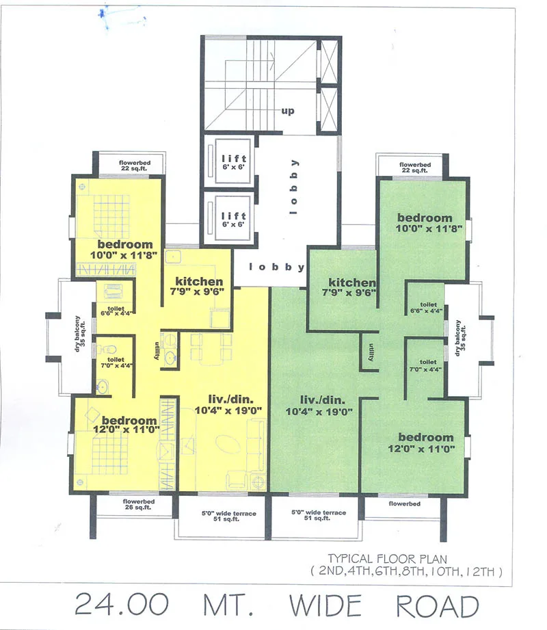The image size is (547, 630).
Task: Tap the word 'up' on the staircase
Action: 287,111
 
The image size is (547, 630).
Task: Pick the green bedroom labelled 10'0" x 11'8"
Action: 425,224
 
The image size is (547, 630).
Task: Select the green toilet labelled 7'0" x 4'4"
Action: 428,366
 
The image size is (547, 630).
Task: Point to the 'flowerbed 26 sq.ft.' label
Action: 138,505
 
